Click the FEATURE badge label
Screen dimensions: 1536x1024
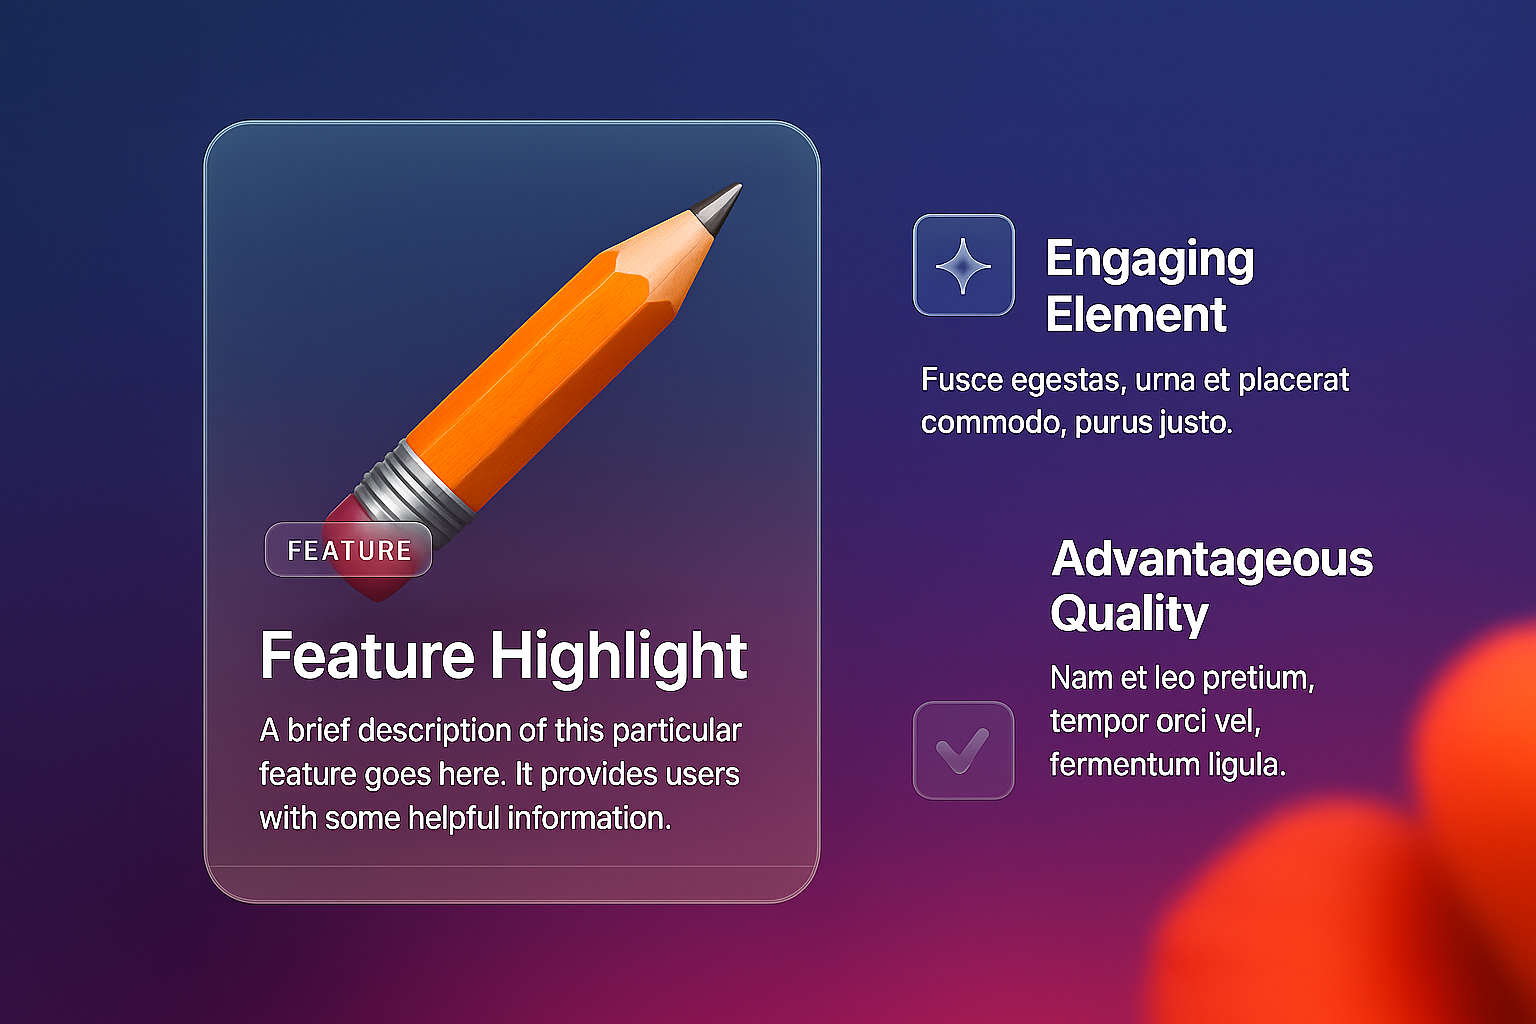348,550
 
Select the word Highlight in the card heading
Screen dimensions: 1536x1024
618,658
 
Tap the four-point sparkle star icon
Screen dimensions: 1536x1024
963,265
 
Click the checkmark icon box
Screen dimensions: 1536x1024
963,750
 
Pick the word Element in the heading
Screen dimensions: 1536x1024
1136,315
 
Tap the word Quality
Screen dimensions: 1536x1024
1129,615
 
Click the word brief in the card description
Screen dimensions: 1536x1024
318,730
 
